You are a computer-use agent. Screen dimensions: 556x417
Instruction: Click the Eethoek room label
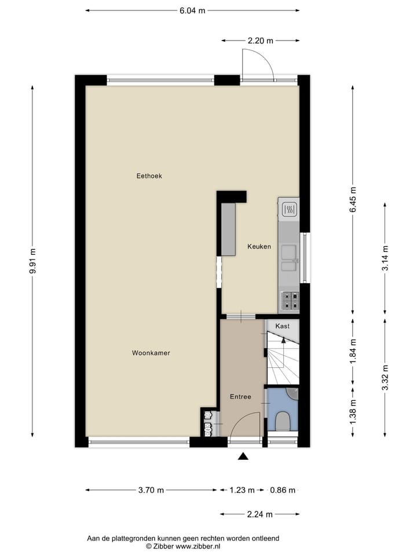coord(149,176)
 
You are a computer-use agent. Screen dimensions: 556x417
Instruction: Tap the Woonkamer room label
coord(151,353)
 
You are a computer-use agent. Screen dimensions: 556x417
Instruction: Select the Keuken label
coord(259,247)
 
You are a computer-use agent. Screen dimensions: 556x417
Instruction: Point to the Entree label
coord(240,397)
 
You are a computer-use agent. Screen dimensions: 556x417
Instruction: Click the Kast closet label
coord(283,326)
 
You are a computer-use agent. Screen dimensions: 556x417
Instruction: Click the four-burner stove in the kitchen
coord(290,300)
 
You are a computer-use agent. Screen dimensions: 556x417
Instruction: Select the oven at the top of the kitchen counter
coord(289,210)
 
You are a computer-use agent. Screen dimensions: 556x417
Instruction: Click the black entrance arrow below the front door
coord(243,456)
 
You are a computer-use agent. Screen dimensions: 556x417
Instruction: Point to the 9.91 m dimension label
coord(32,261)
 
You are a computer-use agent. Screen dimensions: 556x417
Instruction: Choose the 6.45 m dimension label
coord(353,199)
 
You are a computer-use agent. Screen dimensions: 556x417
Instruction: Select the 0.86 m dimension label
coord(283,490)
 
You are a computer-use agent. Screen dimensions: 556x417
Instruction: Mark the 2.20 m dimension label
coord(260,41)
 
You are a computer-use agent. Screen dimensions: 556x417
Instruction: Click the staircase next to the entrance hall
coord(283,359)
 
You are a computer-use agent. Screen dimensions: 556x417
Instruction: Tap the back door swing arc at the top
coord(259,64)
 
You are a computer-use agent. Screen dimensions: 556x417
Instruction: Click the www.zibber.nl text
coord(197,546)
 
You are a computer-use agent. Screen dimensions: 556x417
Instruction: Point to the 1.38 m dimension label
coord(353,412)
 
